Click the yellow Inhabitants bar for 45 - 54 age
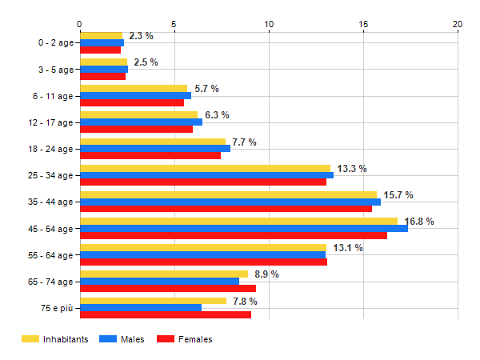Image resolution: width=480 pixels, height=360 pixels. pyautogui.click(x=238, y=221)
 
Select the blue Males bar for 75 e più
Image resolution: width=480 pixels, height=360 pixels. pyautogui.click(x=141, y=308)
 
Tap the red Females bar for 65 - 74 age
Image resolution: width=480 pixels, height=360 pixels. pyautogui.click(x=168, y=288)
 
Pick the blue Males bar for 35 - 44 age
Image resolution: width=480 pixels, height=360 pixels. pyautogui.click(x=230, y=202)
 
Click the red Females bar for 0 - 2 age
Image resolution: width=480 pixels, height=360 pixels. pyautogui.click(x=100, y=50)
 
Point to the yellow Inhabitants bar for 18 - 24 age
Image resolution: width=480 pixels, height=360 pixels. pyautogui.click(x=153, y=142)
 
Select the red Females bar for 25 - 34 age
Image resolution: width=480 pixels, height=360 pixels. pyautogui.click(x=203, y=182)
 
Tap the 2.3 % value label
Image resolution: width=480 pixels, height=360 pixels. pyautogui.click(x=141, y=36)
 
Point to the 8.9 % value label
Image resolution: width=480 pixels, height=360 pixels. pyautogui.click(x=266, y=274)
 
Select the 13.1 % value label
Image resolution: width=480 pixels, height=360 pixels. pyautogui.click(x=350, y=248)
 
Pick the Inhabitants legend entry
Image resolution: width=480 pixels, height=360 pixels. pyautogui.click(x=54, y=339)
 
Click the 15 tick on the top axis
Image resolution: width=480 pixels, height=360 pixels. pyautogui.click(x=363, y=24)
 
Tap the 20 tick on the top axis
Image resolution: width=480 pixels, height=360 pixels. pyautogui.click(x=458, y=24)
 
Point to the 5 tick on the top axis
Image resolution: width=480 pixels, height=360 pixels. pyautogui.click(x=174, y=24)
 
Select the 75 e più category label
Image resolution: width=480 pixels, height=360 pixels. pyautogui.click(x=55, y=308)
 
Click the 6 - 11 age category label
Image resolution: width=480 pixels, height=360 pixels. pyautogui.click(x=50, y=96)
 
